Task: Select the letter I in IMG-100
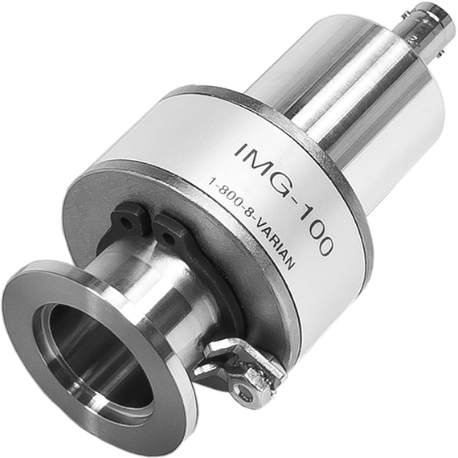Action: point(241,149)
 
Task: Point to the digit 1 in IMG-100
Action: point(304,213)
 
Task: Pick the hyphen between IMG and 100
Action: point(292,198)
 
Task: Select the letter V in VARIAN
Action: point(256,227)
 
